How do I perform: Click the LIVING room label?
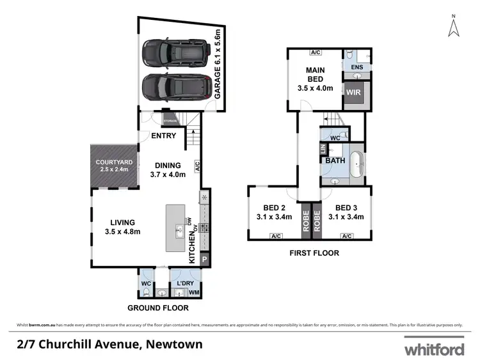(x=122, y=227)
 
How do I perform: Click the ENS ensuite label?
(x=357, y=67)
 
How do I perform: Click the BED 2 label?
(x=274, y=212)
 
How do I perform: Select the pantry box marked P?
(x=205, y=260)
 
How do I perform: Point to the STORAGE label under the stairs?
(x=170, y=120)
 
